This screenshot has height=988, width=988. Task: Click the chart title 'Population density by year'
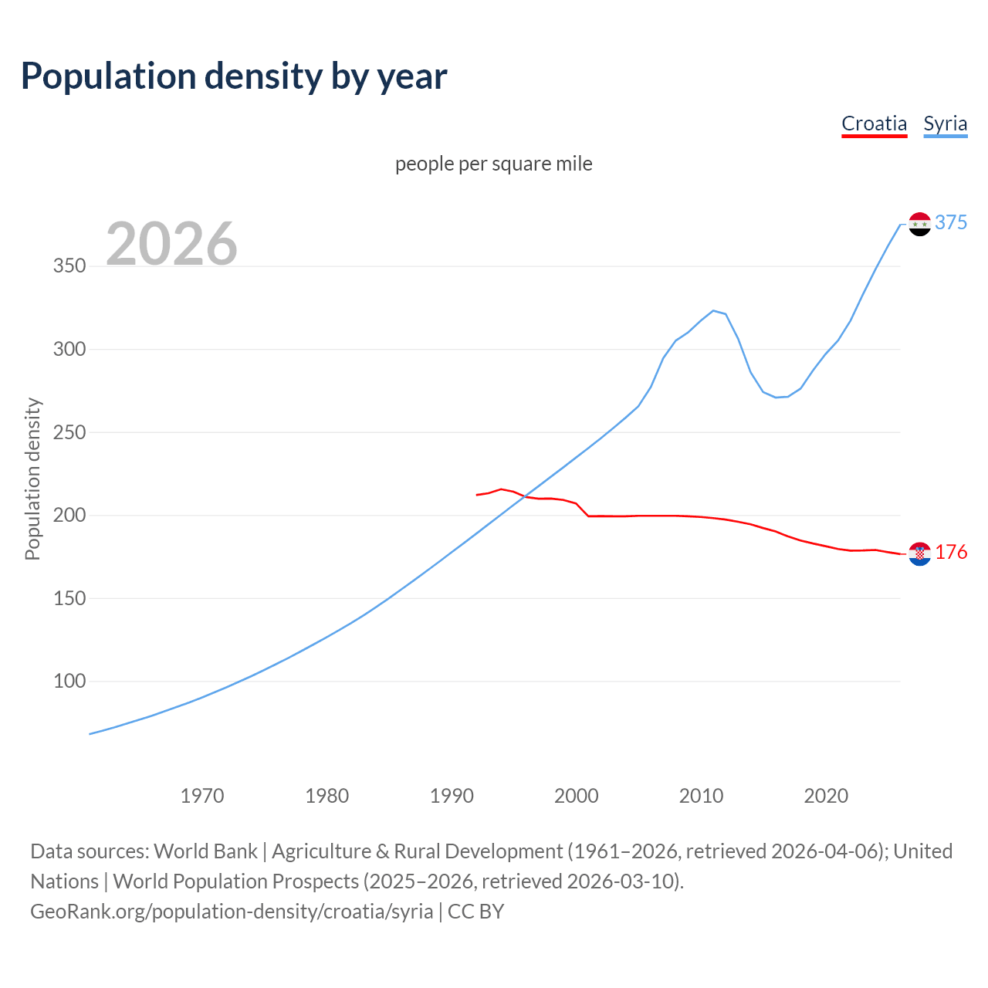234,76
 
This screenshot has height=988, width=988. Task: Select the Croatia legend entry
874,123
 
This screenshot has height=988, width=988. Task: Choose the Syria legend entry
945,123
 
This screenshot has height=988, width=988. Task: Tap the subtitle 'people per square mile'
494,164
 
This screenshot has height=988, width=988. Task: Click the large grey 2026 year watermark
171,244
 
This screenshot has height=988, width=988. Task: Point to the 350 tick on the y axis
69,266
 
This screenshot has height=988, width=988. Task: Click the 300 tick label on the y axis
69,349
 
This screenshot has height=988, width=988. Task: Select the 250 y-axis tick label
69,432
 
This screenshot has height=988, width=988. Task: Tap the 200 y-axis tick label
69,515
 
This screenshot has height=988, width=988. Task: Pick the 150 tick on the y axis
69,598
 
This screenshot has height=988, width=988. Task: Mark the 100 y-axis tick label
69,681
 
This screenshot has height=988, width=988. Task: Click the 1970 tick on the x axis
202,796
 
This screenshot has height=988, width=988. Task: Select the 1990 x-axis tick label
452,796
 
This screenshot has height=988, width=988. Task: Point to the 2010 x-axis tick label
701,796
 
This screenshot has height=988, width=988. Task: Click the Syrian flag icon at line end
919,224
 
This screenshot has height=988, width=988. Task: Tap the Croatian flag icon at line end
919,553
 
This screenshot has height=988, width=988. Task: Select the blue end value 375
951,222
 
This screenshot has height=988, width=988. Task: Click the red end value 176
951,552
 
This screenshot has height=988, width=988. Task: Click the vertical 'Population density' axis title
32,479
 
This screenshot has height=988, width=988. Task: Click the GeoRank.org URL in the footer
232,911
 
